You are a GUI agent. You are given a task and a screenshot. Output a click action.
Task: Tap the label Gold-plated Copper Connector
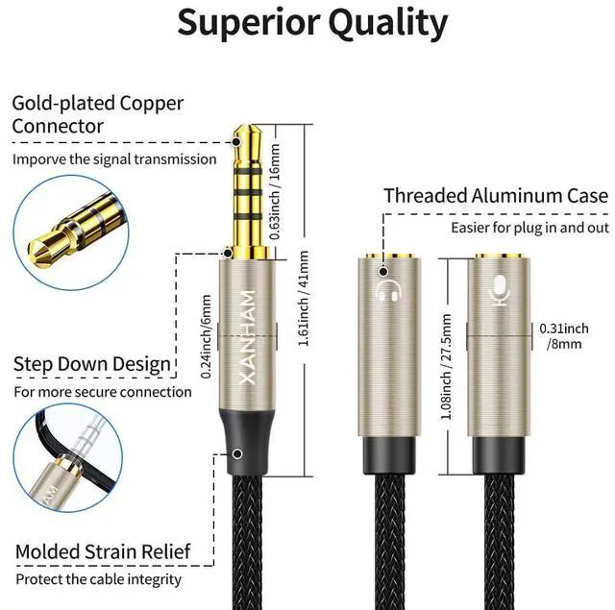click(98, 114)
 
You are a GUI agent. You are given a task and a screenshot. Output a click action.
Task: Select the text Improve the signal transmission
click(114, 159)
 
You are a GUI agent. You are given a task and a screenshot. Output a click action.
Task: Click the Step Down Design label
click(92, 364)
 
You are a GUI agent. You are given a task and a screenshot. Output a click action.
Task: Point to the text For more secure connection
click(102, 392)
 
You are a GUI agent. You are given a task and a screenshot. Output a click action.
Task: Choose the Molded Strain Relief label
click(102, 551)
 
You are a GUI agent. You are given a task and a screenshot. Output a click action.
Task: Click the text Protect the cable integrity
click(97, 579)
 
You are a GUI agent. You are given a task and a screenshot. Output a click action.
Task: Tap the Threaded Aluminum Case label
click(495, 196)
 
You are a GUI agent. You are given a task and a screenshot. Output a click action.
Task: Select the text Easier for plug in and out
click(529, 228)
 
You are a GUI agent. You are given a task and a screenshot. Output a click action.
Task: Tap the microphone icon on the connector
click(499, 288)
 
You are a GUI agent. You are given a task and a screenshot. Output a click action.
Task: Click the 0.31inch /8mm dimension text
click(564, 335)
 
